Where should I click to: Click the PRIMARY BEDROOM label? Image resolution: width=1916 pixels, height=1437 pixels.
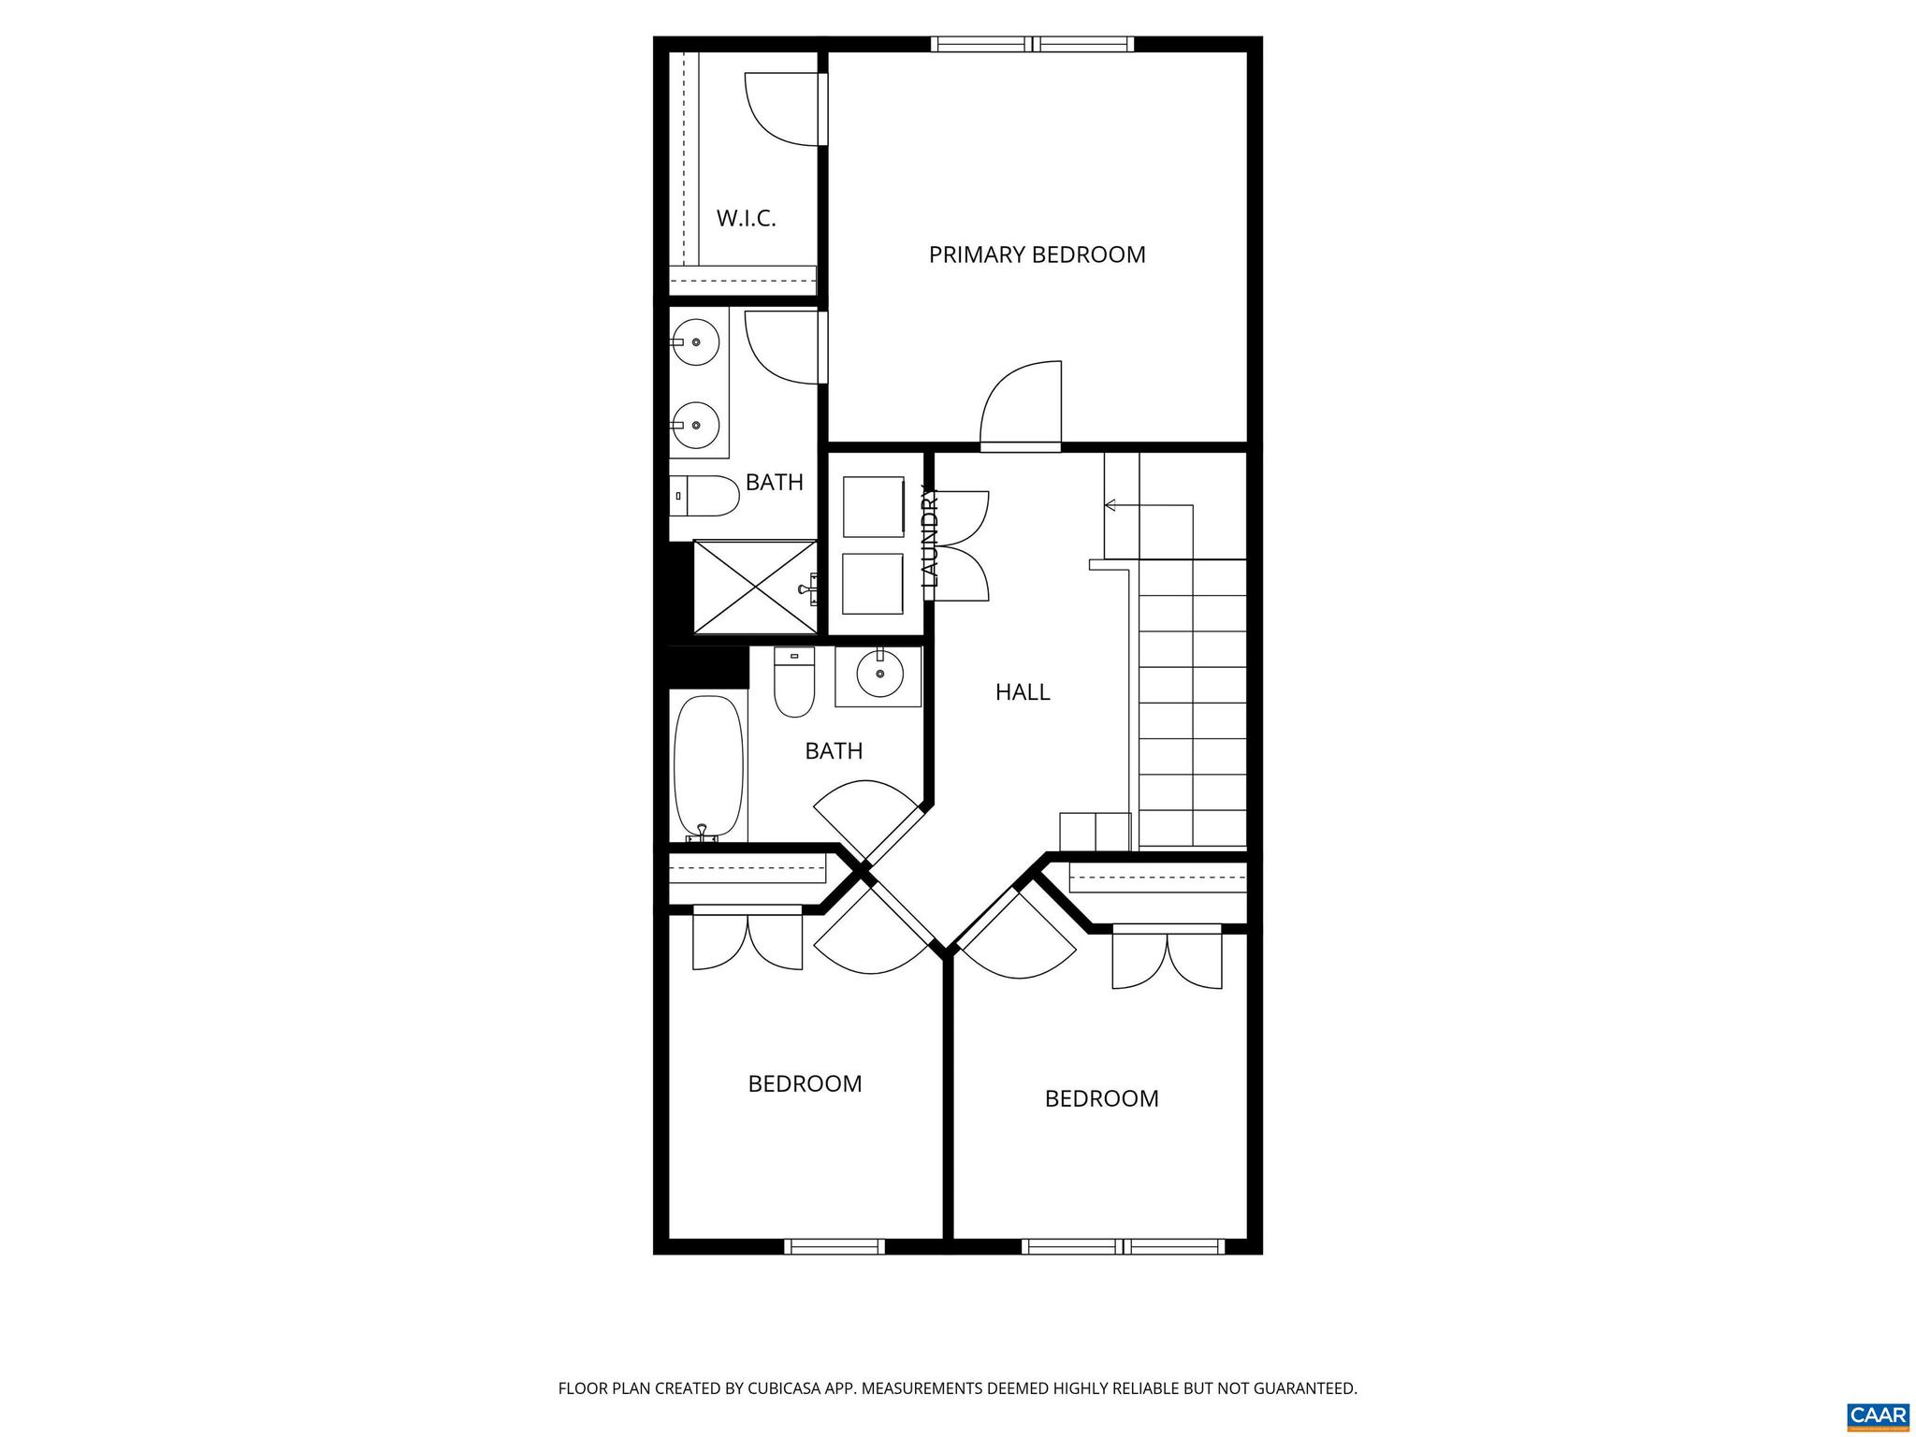1037,254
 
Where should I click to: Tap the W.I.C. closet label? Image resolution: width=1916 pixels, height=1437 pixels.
746,219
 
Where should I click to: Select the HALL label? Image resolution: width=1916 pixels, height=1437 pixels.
1023,692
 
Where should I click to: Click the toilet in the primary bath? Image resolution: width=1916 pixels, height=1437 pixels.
706,496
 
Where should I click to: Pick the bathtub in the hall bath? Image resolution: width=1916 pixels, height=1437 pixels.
708,769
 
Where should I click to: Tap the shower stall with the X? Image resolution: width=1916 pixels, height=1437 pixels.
754,586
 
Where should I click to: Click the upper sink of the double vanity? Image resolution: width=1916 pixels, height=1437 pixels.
695,341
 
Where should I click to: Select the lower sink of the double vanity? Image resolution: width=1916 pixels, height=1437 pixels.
695,425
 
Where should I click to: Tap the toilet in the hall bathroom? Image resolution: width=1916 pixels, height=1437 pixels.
794,683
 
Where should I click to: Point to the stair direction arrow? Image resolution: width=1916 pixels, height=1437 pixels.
1110,505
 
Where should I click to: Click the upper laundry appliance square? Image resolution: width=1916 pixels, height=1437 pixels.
873,506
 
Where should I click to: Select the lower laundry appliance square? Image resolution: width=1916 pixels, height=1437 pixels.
873,584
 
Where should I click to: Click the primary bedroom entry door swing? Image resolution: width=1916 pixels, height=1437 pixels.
1023,402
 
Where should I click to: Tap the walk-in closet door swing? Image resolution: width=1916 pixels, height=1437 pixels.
781,109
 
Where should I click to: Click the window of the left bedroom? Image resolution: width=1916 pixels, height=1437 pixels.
834,1246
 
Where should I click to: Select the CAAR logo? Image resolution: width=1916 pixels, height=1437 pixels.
1879,1413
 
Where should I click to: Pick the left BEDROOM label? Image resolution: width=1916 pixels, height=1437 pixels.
805,1083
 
